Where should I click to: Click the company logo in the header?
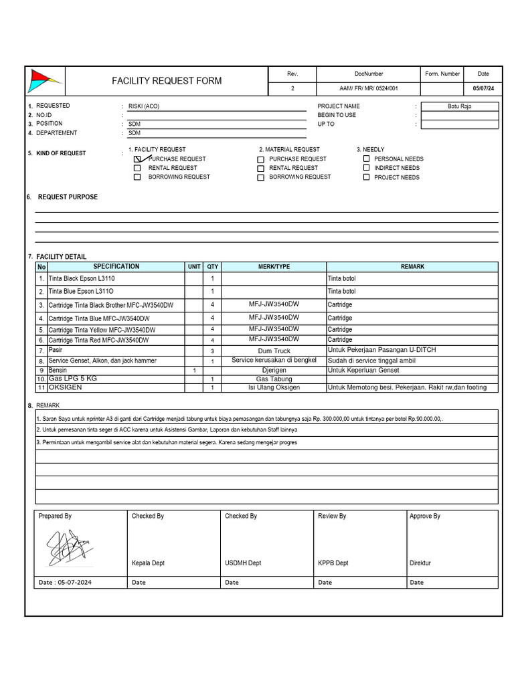[44, 81]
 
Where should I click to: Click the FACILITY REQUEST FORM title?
[167, 81]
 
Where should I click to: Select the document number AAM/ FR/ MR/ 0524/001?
[369, 88]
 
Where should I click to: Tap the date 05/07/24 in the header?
[483, 88]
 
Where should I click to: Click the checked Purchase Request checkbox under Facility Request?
[138, 159]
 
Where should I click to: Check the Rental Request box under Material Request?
[261, 169]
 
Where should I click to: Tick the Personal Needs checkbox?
[366, 159]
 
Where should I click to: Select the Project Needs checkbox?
[366, 177]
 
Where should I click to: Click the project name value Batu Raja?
[459, 106]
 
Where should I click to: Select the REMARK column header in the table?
[412, 266]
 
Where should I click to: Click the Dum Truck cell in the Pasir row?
[274, 351]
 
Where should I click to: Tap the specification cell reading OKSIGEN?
[66, 387]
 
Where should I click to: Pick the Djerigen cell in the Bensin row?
[274, 370]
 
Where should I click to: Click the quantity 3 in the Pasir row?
[212, 351]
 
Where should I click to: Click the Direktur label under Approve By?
[420, 563]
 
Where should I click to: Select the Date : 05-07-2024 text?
[66, 583]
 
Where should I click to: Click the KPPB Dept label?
[333, 563]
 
